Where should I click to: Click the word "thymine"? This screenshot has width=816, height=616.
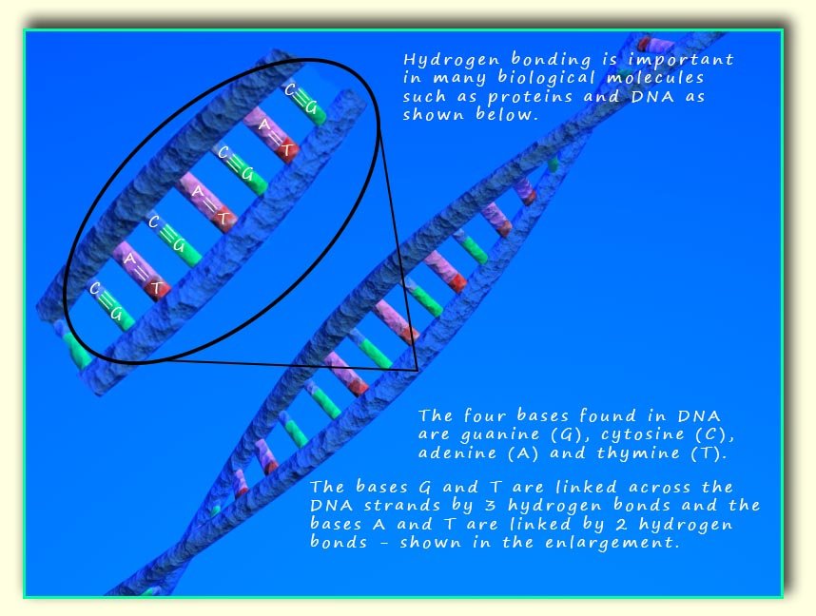pos(638,453)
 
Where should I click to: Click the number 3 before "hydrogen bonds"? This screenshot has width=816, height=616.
pos(499,505)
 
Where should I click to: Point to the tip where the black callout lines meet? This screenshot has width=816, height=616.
pos(418,371)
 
